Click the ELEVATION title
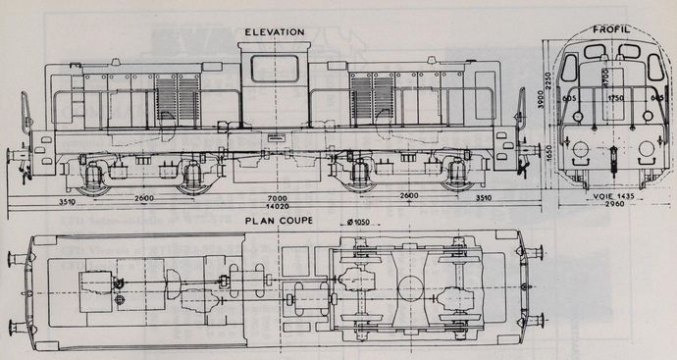tap(276, 32)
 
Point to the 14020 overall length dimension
tap(274, 208)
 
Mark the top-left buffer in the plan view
tap(16, 258)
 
